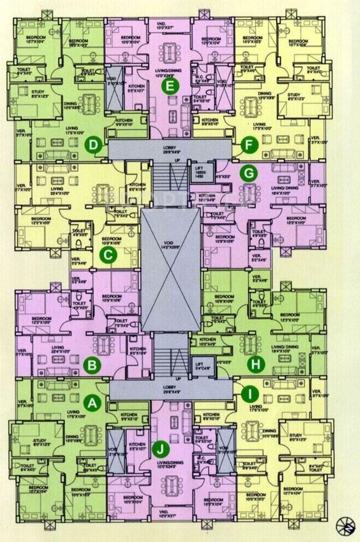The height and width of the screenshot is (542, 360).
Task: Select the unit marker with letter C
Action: tap(108, 254)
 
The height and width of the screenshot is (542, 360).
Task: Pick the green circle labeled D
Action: tap(94, 145)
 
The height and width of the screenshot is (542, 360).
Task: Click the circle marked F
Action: tap(248, 145)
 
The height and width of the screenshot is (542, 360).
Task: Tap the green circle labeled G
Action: tap(249, 174)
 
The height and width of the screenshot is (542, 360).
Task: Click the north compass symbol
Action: tap(346, 524)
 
